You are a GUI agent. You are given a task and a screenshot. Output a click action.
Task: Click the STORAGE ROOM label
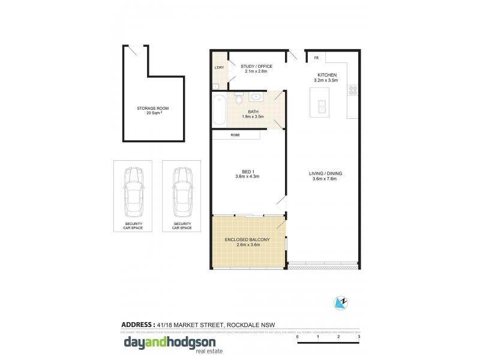152,108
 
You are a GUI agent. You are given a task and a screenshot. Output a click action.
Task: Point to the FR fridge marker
316,58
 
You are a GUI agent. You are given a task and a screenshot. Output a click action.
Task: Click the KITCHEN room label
326,75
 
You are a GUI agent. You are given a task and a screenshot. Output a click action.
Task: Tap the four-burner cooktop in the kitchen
353,91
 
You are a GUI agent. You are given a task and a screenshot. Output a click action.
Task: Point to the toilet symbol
238,97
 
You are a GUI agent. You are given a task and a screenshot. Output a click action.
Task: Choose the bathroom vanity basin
256,96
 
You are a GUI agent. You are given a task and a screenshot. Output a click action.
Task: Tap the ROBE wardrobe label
236,135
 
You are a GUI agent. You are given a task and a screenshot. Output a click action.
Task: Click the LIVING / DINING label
323,176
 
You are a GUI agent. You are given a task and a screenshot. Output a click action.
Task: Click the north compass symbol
340,303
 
